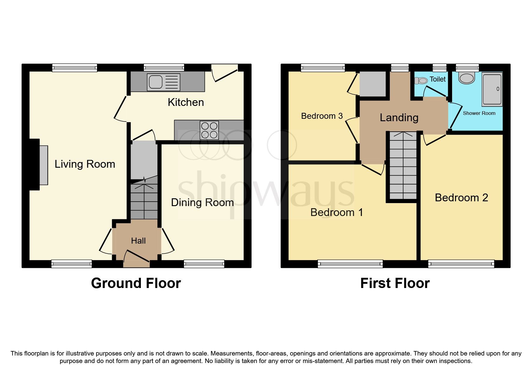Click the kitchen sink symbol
pos(163,82)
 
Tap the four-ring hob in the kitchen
pos(209,130)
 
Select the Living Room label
pos(85,164)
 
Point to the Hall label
pos(138,241)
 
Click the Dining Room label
pos(202,202)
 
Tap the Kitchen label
pos(186,102)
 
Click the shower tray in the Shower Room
pos(492,89)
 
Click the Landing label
pos(399,118)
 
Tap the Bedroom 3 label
pos(322,116)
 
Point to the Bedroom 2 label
pos(461,198)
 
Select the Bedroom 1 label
pos(336,212)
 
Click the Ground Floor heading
pos(136,283)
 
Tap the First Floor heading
pos(395,283)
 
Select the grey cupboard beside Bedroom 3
pos(372,84)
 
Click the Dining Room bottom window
pos(204,264)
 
